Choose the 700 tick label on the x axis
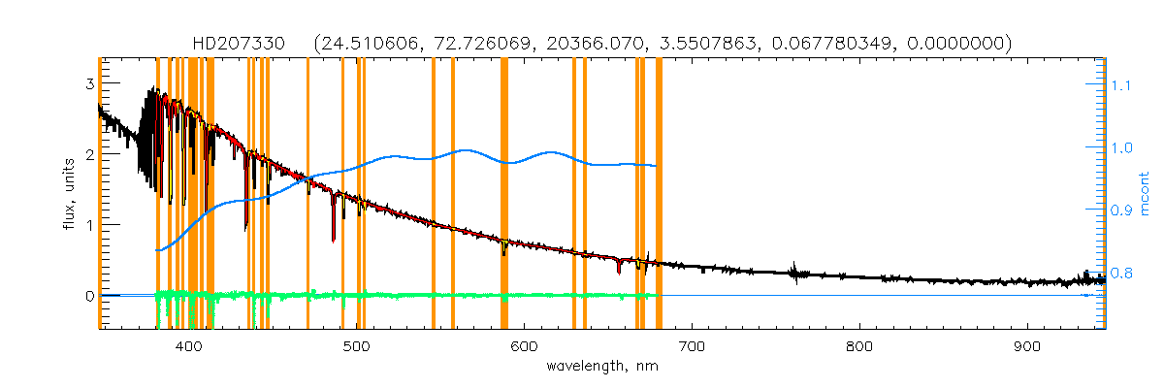pyautogui.click(x=692, y=346)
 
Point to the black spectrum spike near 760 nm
pyautogui.click(x=795, y=272)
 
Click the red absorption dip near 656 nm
pyautogui.click(x=619, y=267)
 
